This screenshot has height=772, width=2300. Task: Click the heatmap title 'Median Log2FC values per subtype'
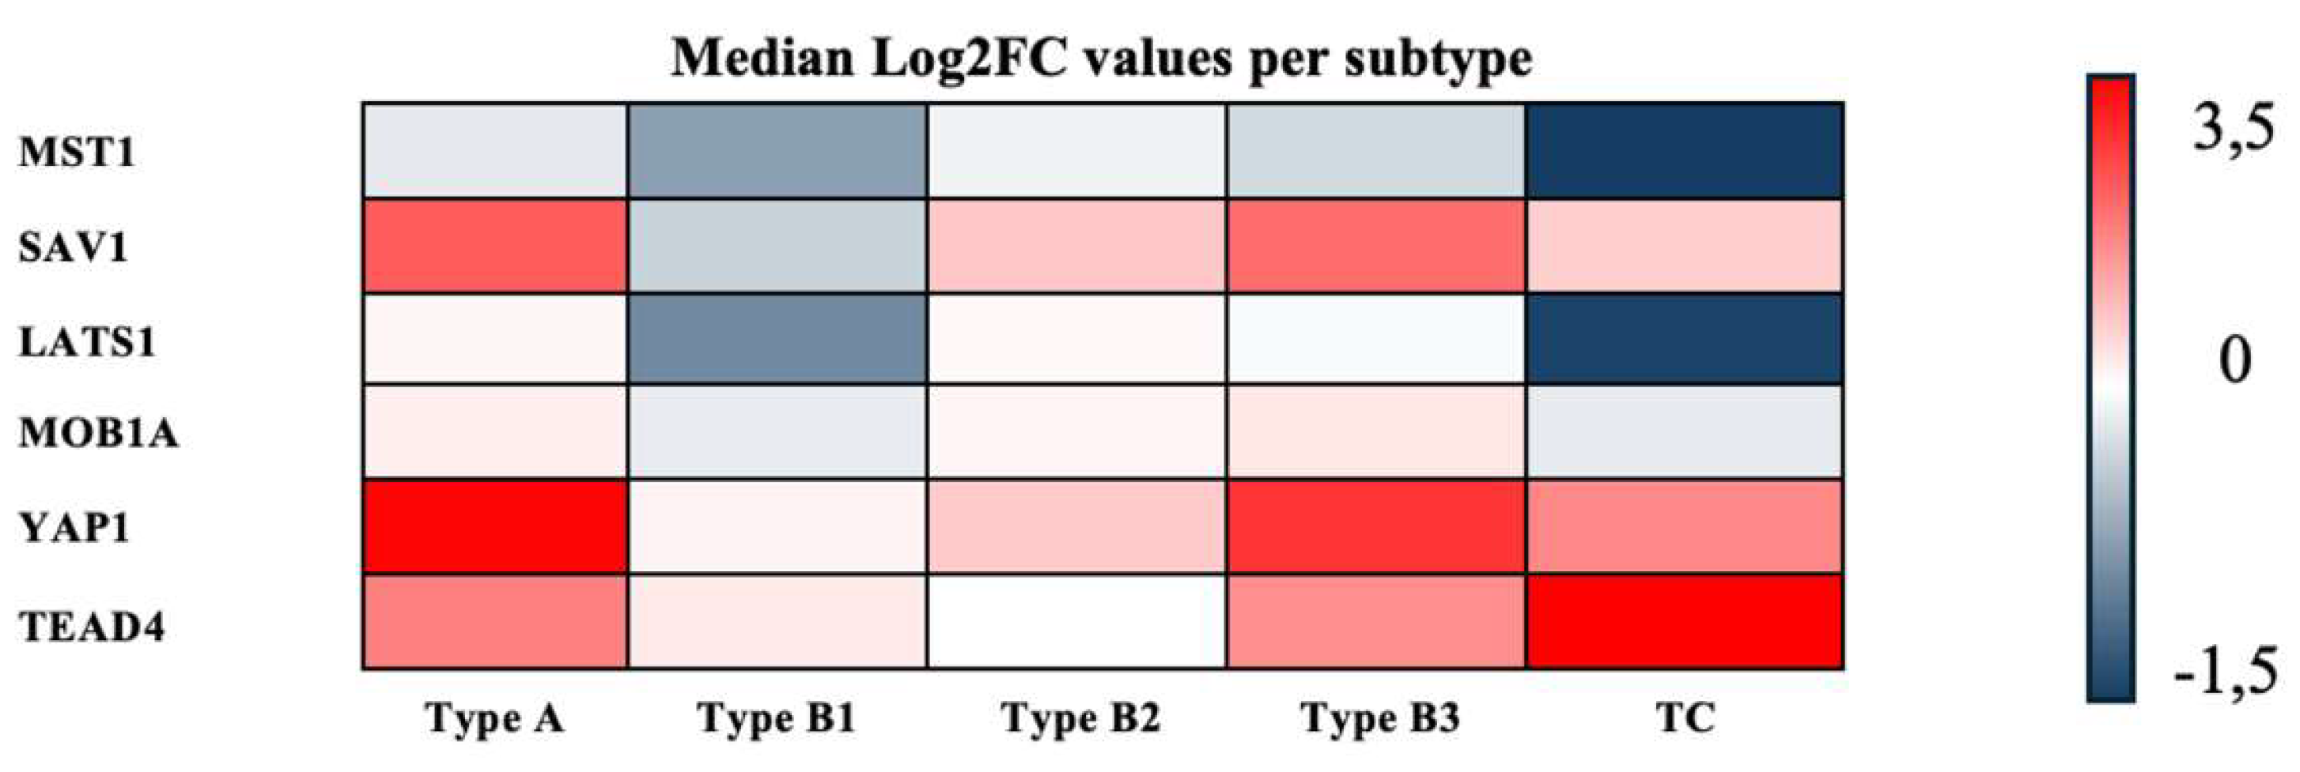tap(1102, 60)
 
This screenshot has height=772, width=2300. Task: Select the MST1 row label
tap(77, 153)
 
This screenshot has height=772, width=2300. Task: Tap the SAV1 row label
tap(74, 247)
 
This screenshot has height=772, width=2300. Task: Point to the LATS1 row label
tap(88, 342)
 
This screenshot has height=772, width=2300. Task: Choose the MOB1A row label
tap(98, 434)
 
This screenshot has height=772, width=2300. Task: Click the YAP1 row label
tap(75, 529)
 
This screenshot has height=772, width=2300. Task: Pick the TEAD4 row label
tap(92, 627)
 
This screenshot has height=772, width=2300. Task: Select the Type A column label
tap(494, 717)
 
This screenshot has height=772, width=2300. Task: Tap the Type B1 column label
tap(777, 717)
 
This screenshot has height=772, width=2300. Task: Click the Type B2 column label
tap(1080, 717)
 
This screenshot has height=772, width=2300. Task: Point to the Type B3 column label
tap(1380, 717)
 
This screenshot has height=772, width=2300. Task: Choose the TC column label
tap(1685, 717)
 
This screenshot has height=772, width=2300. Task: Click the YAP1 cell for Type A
tap(494, 526)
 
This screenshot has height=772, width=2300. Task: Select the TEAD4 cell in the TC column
tap(1685, 622)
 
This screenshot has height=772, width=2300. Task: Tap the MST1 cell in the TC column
tap(1685, 150)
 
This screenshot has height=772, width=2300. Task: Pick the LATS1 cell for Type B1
tap(777, 339)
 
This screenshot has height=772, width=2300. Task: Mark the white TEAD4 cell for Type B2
tap(1076, 622)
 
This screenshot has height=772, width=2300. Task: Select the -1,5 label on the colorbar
tap(2225, 671)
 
